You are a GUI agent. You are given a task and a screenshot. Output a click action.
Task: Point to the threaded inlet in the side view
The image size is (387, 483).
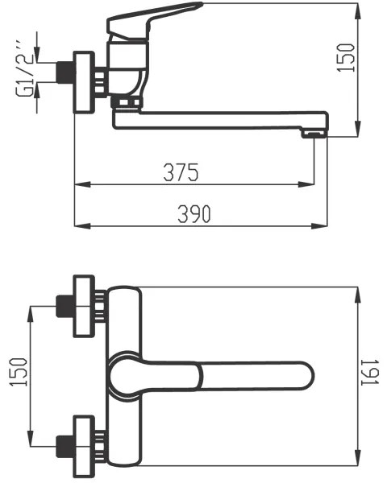tap(64, 72)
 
